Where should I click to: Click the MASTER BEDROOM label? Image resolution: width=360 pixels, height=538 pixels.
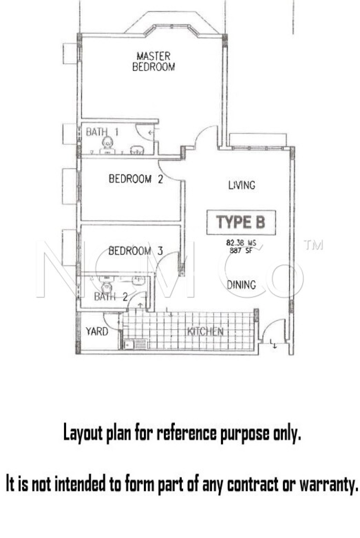pos(154,61)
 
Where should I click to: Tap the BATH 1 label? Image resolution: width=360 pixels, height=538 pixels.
pos(102,132)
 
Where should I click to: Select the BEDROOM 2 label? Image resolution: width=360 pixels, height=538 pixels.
pos(136,179)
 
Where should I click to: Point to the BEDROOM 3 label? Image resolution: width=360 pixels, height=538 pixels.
pos(136,251)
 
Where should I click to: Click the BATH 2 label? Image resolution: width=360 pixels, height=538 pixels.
pos(111,297)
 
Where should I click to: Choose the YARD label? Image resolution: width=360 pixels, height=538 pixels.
pos(97,332)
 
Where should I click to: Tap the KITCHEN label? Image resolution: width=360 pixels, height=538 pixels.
pos(205,332)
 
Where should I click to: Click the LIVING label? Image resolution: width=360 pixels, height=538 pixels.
pos(242,185)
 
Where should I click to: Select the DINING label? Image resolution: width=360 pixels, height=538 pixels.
pos(241,285)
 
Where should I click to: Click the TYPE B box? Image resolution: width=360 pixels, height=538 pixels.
pos(241,222)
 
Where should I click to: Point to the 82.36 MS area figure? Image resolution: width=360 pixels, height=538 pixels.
pos(241,243)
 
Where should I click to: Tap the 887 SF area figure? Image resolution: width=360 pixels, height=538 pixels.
pos(241,250)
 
